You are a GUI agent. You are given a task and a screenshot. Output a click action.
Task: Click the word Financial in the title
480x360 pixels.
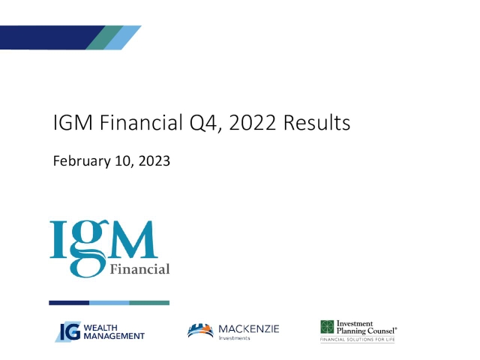point(133,123)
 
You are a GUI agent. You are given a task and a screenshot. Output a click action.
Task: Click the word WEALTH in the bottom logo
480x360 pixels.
point(98,327)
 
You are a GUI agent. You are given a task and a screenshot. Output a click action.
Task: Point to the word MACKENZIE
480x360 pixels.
point(247,328)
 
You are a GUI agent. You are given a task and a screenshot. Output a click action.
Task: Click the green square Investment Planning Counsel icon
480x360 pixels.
point(327,327)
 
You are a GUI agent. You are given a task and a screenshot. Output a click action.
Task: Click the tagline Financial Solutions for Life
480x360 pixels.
point(357,340)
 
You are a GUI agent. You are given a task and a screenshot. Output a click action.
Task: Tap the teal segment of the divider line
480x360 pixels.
point(149,303)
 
